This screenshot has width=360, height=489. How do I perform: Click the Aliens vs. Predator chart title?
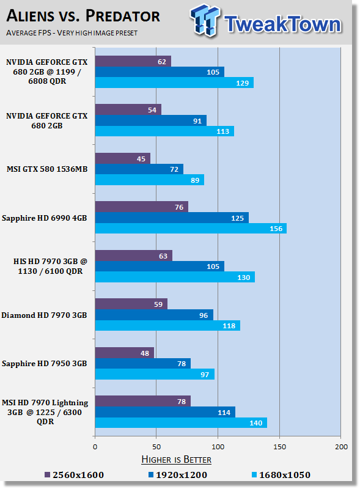tap(83, 16)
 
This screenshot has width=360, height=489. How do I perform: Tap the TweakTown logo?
tap(266, 21)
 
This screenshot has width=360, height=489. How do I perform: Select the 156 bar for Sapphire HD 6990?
tap(191, 229)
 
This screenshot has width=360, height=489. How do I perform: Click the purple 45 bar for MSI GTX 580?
tap(123, 158)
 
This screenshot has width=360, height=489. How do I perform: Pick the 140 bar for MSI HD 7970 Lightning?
tap(181, 423)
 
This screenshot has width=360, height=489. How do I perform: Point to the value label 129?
tap(243, 83)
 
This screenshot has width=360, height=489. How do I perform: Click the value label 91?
tap(197, 121)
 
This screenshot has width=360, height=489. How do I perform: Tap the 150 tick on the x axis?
tap(279, 447)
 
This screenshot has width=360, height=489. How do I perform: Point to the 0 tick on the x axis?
tap(95, 447)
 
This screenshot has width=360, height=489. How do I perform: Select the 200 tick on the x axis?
tap(341, 447)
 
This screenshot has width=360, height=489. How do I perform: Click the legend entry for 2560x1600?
tap(74, 475)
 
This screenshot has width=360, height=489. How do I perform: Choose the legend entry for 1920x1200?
tap(178, 475)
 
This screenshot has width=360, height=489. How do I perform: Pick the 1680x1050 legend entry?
tap(281, 475)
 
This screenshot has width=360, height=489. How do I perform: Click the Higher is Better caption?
tap(176, 460)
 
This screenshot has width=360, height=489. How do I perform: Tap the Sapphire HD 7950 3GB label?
tap(44, 364)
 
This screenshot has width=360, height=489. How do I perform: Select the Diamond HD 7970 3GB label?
tap(44, 315)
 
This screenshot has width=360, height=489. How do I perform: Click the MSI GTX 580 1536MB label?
tap(47, 169)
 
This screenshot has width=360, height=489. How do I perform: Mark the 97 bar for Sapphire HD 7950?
tap(155, 374)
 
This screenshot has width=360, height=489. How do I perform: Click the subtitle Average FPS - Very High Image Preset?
tap(72, 33)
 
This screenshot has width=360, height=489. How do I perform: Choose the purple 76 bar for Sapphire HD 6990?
tap(142, 207)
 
